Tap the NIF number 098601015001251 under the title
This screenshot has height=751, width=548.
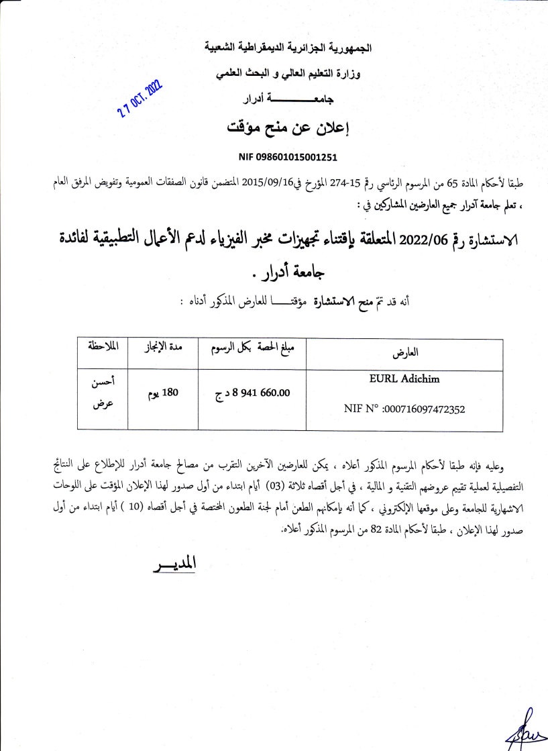point(288,158)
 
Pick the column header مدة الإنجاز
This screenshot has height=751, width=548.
point(162,348)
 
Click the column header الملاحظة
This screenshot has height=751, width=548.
point(103,348)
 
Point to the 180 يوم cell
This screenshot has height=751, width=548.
point(163,393)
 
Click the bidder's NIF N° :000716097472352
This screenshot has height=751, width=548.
point(404,407)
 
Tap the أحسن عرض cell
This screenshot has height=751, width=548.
point(103,393)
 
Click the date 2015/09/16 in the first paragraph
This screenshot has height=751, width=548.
point(267,181)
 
